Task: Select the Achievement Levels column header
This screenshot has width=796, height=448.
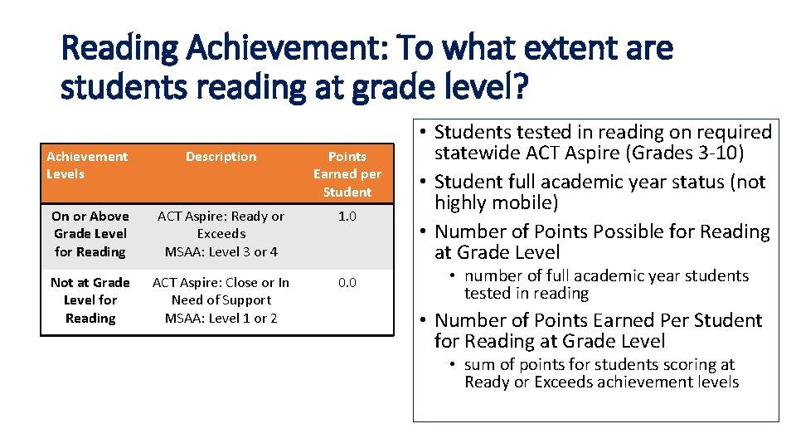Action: [x=87, y=165]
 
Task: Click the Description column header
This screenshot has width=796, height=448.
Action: [x=221, y=157]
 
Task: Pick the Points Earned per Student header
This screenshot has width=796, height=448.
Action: [x=347, y=174]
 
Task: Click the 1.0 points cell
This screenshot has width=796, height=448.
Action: [x=347, y=216]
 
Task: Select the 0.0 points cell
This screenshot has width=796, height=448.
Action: [x=347, y=282]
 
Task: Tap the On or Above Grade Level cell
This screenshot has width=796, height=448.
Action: [x=90, y=234]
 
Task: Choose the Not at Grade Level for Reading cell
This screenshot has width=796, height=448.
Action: [x=90, y=300]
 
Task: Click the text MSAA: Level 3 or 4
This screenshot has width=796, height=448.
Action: [x=221, y=251]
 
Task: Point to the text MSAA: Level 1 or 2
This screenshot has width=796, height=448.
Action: [x=221, y=318]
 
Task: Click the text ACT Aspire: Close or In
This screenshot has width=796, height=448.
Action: [x=221, y=282]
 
